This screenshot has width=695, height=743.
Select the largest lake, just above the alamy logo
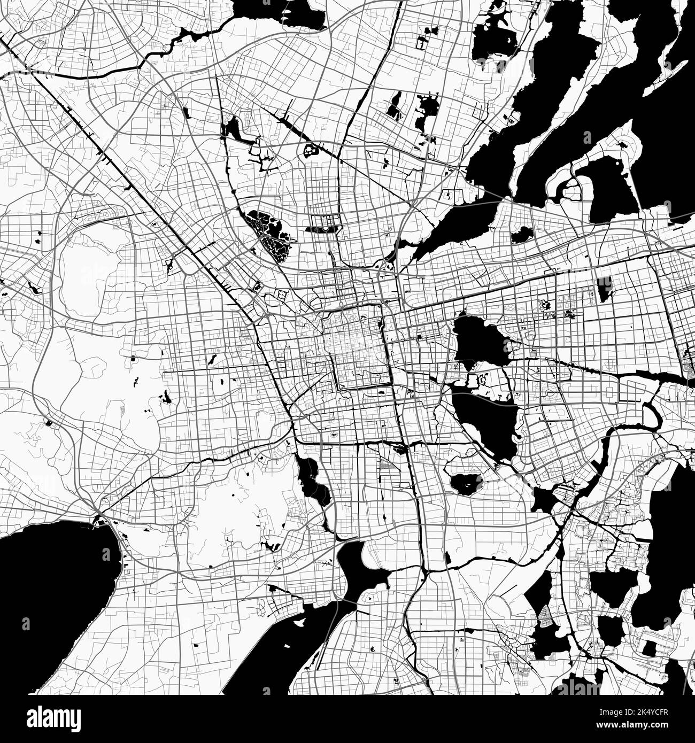pyautogui.click(x=48, y=599)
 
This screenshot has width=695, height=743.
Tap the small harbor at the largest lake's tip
pyautogui.click(x=99, y=520)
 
